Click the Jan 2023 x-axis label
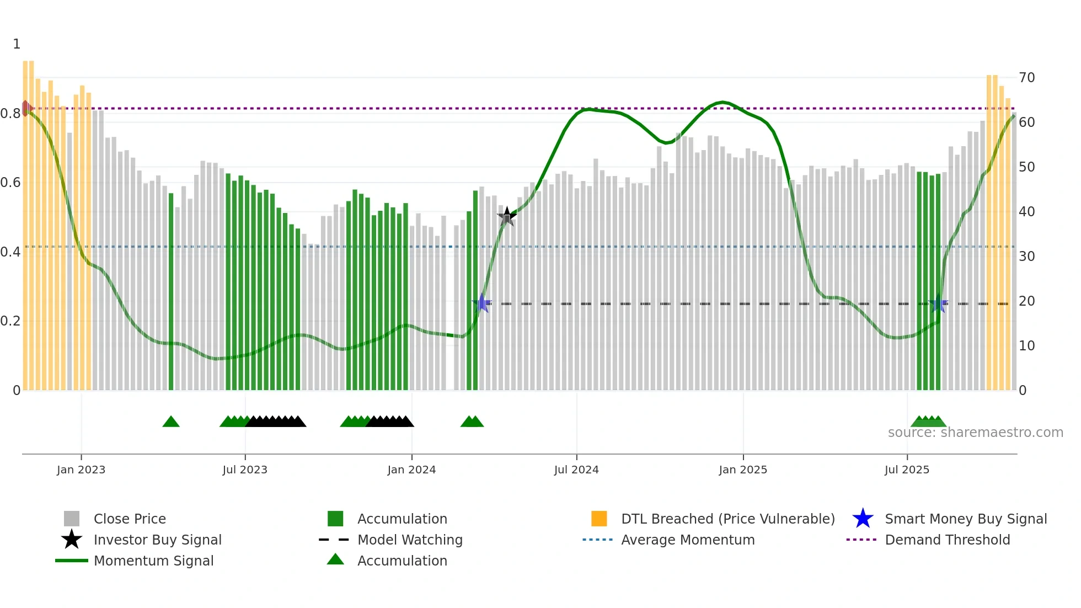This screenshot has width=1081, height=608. click(81, 470)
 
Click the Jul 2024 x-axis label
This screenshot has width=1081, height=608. click(576, 470)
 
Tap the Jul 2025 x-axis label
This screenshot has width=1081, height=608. click(907, 470)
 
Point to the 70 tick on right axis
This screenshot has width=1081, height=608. click(1026, 78)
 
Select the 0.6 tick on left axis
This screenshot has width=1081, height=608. click(10, 183)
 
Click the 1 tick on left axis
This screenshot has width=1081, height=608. click(17, 44)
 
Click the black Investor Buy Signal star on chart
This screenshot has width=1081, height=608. click(507, 217)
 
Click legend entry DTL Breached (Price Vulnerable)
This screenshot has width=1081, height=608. click(727, 519)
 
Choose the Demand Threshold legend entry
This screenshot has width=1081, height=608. click(947, 540)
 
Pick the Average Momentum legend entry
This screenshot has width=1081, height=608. click(688, 540)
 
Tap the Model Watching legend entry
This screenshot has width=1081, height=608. click(410, 540)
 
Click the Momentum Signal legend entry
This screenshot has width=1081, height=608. click(153, 561)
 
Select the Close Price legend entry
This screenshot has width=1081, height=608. click(130, 519)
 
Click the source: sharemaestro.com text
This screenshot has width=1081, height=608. click(975, 433)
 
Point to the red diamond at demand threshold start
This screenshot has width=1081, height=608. click(25, 108)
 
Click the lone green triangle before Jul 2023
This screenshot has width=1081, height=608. click(171, 422)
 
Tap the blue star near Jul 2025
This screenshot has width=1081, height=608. click(938, 304)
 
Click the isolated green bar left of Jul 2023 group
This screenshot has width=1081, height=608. click(171, 292)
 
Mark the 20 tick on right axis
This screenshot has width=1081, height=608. click(1026, 301)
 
